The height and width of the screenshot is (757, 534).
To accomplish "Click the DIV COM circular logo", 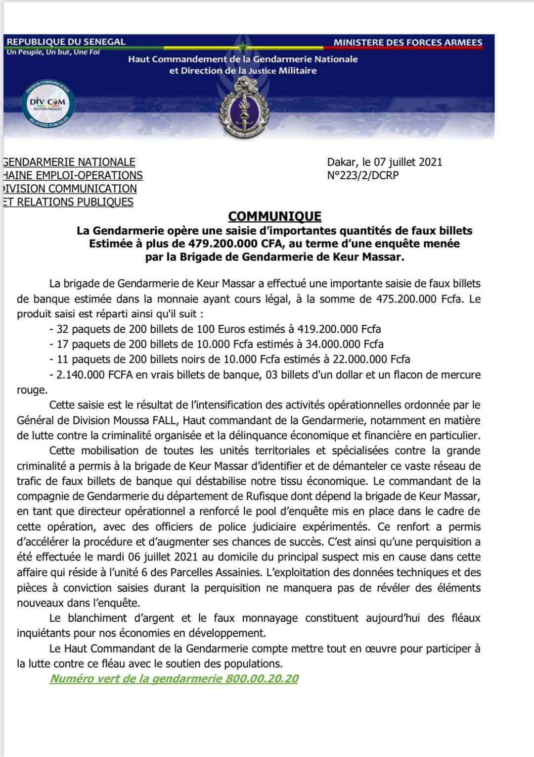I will click(x=47, y=103).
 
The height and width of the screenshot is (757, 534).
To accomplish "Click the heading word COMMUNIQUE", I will click(x=274, y=216).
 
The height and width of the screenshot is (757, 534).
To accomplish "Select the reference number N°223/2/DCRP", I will click(x=362, y=175).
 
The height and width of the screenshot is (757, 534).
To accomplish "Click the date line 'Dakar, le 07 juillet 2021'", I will click(x=384, y=162).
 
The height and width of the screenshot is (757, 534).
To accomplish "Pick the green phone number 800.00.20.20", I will click(x=262, y=679).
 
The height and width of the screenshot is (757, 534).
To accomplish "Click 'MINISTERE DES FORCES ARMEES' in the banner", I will click(x=407, y=43).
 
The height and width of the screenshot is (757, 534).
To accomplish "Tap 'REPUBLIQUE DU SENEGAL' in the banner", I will click(x=66, y=42).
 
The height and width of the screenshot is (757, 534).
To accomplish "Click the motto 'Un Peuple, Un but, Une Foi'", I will click(x=53, y=52).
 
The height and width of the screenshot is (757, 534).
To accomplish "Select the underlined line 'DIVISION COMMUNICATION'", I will click(x=70, y=189).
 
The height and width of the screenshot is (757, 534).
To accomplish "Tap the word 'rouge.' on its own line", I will click(x=32, y=390).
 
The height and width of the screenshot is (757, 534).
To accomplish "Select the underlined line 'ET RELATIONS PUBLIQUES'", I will click(x=68, y=202).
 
